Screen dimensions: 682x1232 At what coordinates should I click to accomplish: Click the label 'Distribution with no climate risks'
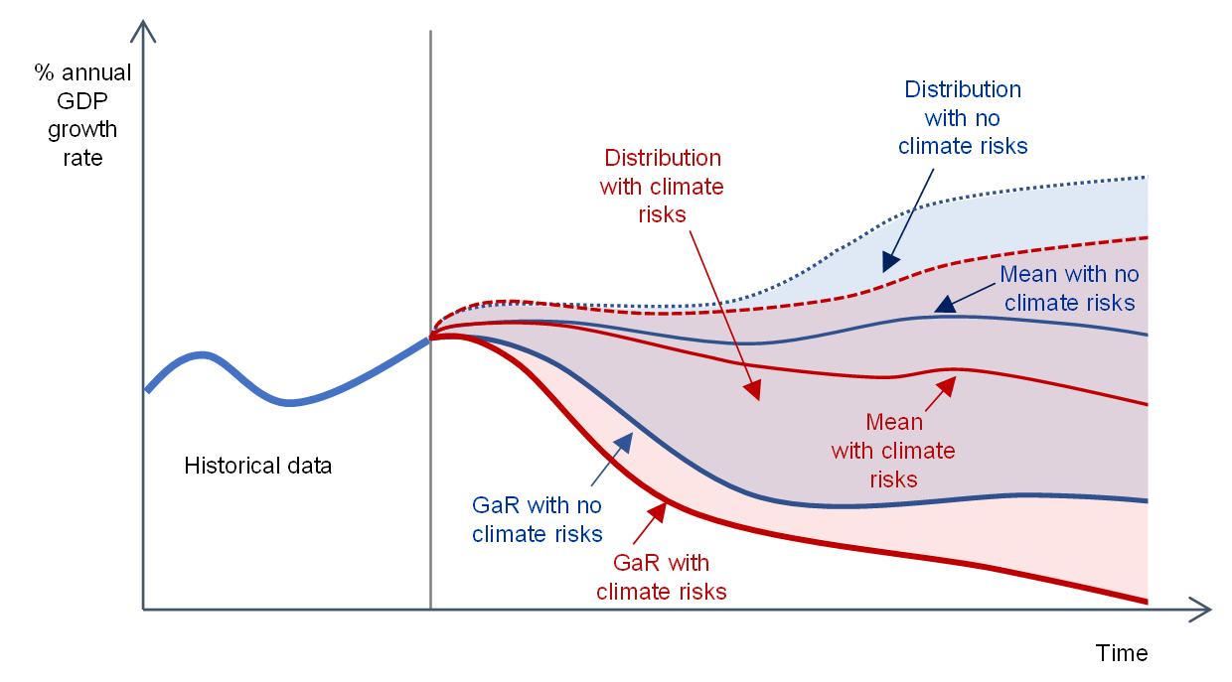(x=962, y=118)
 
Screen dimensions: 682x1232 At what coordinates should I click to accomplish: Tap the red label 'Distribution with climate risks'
(x=663, y=186)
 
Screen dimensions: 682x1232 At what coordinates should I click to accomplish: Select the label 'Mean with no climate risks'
(x=1069, y=288)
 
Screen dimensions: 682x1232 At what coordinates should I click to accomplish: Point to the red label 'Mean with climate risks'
(x=893, y=451)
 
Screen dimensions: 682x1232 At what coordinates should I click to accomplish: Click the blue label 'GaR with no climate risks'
(x=537, y=519)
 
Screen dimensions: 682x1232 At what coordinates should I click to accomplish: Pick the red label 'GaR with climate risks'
(x=661, y=577)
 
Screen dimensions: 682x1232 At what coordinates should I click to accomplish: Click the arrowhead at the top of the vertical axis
(x=144, y=27)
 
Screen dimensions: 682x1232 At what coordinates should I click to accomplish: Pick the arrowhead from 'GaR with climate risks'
(x=657, y=511)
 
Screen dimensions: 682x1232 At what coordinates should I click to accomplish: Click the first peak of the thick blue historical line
(x=204, y=353)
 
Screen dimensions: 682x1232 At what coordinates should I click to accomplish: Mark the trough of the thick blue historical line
(x=288, y=402)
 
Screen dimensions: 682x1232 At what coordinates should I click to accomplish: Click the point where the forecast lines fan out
(x=431, y=337)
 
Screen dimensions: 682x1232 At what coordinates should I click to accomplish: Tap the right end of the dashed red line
(x=1147, y=237)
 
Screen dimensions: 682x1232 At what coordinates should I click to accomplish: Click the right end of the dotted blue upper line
(x=1147, y=178)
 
